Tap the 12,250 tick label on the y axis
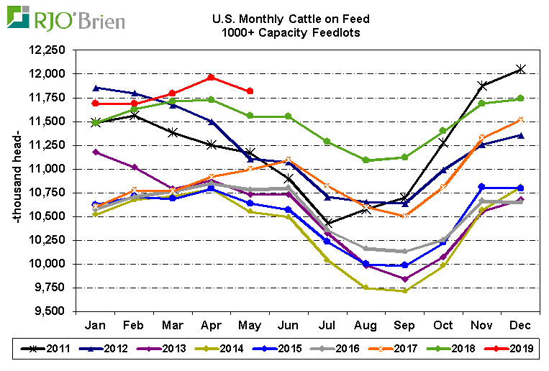tap(47, 50)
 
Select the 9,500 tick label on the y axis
tap(50, 311)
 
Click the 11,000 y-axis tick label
tap(47, 169)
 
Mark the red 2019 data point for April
tap(211, 77)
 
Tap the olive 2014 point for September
tap(405, 290)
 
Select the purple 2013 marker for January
tap(96, 152)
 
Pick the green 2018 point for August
tap(366, 160)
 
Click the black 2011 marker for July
tap(328, 223)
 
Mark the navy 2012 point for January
tap(96, 88)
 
